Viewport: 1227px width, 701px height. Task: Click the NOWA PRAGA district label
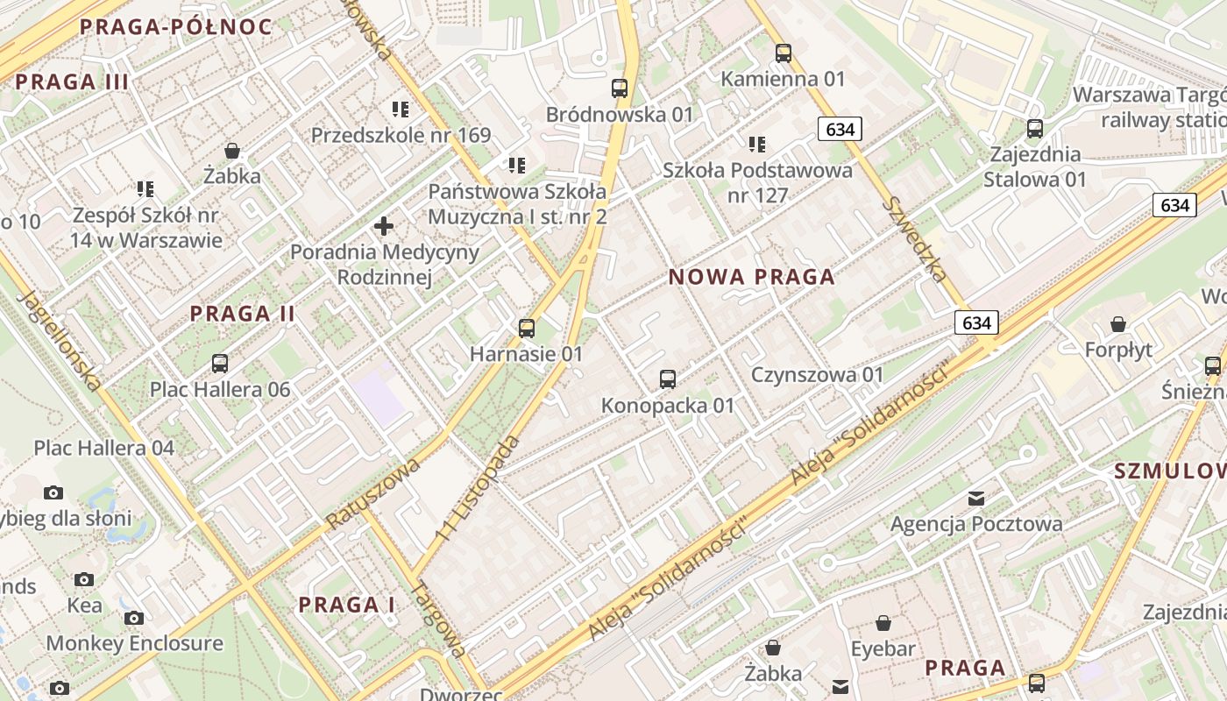point(751,278)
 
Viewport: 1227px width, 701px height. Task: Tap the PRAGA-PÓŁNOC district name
point(176,26)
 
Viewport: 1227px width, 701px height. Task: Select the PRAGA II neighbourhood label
point(243,314)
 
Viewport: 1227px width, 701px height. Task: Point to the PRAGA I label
point(346,605)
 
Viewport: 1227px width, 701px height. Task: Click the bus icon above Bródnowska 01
point(620,89)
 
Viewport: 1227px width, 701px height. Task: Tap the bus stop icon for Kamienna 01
point(784,53)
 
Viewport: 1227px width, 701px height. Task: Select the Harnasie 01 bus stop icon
point(527,329)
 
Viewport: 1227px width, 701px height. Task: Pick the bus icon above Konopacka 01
point(668,379)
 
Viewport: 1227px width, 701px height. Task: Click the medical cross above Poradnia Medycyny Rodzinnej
point(384,227)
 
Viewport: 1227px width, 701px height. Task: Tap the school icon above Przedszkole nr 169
point(401,110)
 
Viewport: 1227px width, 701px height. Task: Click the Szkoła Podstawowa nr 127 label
point(757,182)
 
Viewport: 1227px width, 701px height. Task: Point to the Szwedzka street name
point(915,239)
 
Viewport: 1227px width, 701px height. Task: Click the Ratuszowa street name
point(372,492)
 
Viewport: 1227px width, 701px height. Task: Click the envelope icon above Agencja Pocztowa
point(976,499)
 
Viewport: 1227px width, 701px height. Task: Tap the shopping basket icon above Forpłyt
point(1118,325)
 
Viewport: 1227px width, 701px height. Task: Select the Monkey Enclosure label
point(134,643)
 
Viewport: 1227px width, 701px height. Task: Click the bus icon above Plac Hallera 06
point(220,364)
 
